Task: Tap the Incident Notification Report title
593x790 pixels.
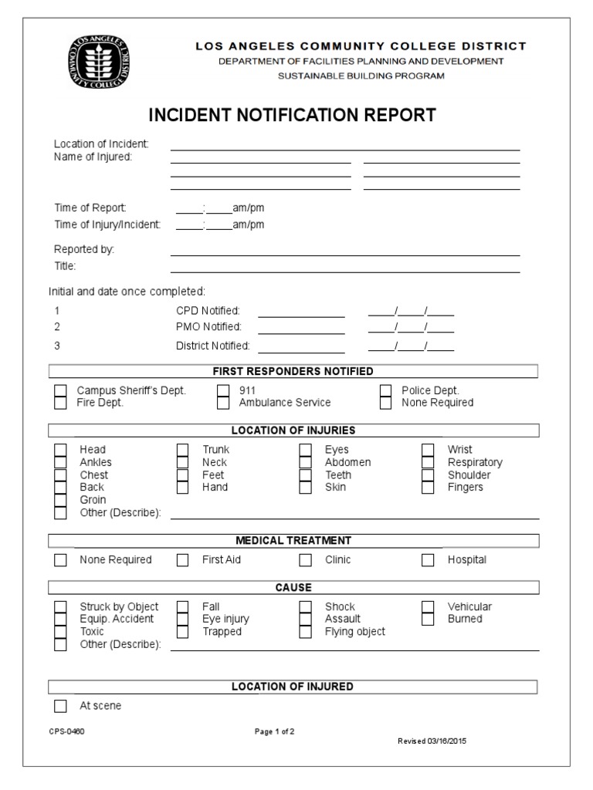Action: pyautogui.click(x=292, y=116)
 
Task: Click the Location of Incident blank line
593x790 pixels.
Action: pyautogui.click(x=344, y=148)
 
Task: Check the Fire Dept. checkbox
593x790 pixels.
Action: pyautogui.click(x=60, y=403)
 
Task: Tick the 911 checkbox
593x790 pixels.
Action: pyautogui.click(x=223, y=390)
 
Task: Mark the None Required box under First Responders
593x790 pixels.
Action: pyautogui.click(x=386, y=403)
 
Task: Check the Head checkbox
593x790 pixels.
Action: pyautogui.click(x=60, y=450)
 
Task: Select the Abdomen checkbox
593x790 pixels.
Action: pyautogui.click(x=306, y=462)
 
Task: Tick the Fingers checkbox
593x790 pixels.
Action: pyautogui.click(x=429, y=488)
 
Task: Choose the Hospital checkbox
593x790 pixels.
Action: pyautogui.click(x=429, y=560)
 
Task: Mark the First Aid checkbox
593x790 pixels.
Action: pyautogui.click(x=183, y=560)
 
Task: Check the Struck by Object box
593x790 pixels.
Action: pyautogui.click(x=60, y=607)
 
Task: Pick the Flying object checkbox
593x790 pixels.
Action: pyautogui.click(x=306, y=632)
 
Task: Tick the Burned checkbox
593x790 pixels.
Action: pyautogui.click(x=429, y=619)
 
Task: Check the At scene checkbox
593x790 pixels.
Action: pyautogui.click(x=60, y=706)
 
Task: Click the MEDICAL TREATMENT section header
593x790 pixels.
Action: pyautogui.click(x=293, y=541)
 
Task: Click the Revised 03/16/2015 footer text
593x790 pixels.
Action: pyautogui.click(x=432, y=741)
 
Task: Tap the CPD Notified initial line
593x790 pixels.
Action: pyautogui.click(x=301, y=315)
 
